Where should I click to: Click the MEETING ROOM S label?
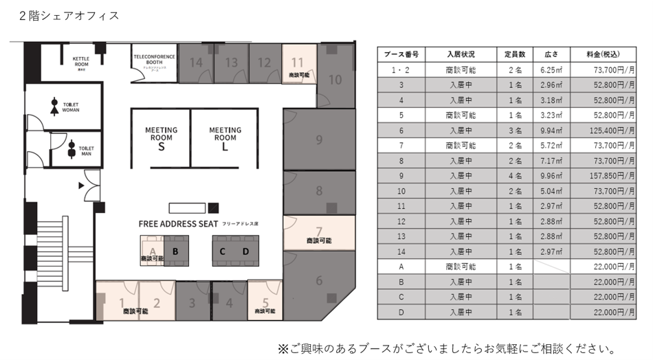tap(161, 138)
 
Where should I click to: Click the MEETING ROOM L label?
tap(225, 138)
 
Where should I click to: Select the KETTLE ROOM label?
tap(81, 63)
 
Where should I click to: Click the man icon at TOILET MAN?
tap(71, 149)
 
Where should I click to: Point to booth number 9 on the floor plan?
tap(319, 140)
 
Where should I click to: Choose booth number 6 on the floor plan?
tap(319, 280)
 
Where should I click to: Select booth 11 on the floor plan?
tap(298, 62)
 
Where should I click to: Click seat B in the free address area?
tap(176, 251)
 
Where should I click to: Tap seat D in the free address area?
tap(245, 251)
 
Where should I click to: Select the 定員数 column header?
tap(510, 54)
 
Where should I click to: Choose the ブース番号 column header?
tap(401, 54)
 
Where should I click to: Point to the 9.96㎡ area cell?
tap(552, 175)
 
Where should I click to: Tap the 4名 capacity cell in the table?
tap(510, 175)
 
